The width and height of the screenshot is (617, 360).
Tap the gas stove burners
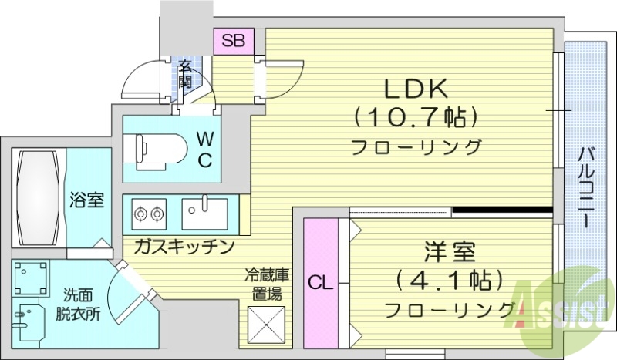point(150,212)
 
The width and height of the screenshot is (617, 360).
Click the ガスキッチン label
point(183,247)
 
